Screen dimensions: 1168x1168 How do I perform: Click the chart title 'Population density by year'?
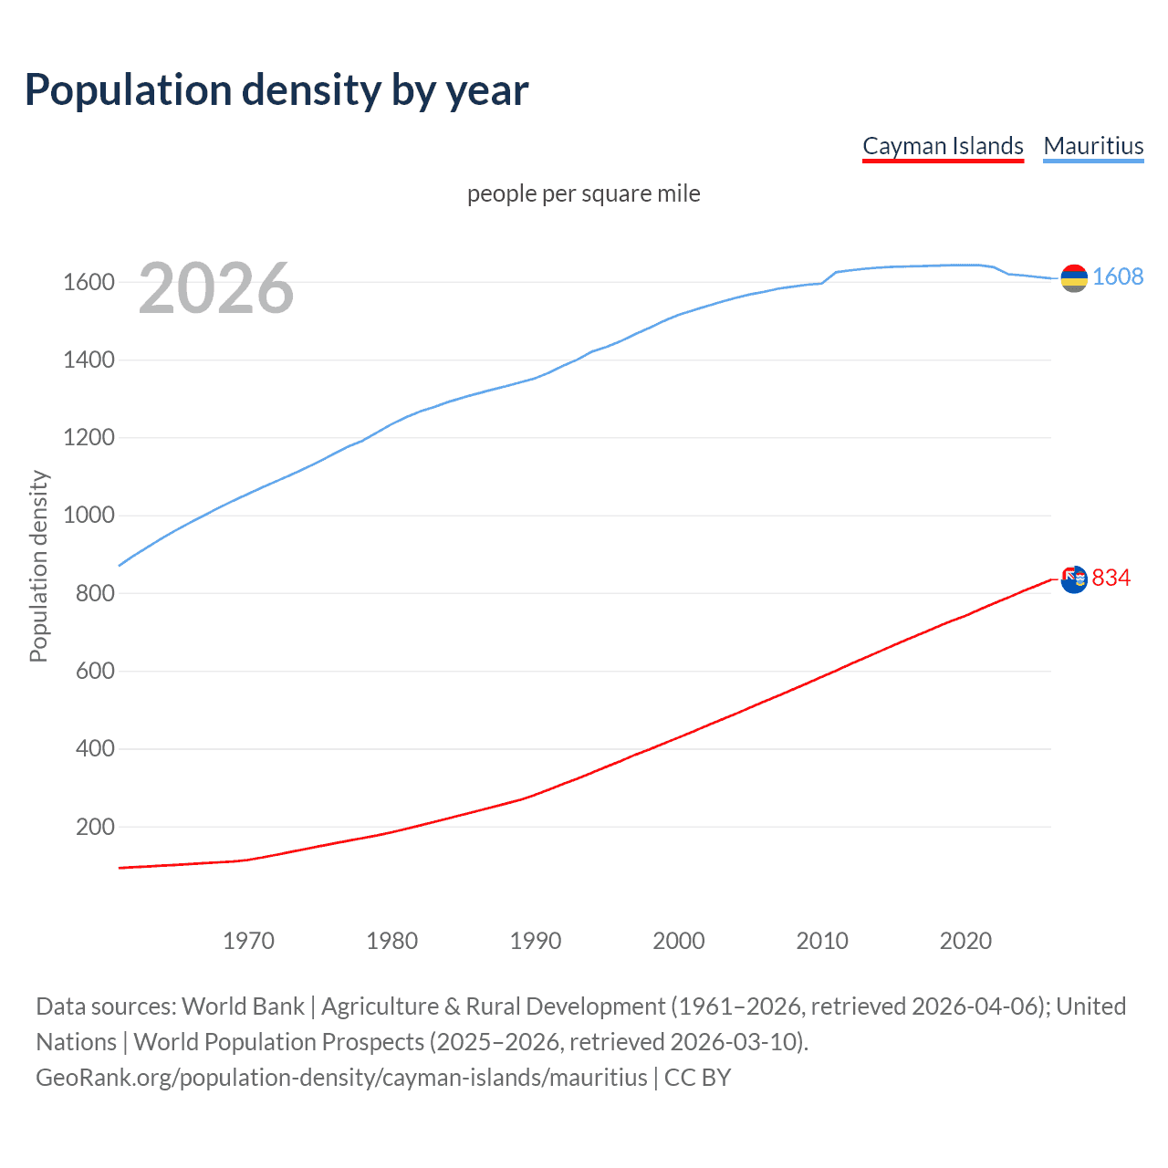coord(276,90)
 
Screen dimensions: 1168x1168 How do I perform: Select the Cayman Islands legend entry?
coord(943,146)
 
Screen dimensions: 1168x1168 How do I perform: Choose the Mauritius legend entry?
coord(1093,146)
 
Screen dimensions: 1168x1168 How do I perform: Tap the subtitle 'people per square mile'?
coord(583,193)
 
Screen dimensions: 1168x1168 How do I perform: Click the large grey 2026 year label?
coord(216,288)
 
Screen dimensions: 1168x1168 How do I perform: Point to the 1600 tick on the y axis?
coord(89,282)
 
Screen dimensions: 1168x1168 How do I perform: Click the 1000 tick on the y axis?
coord(89,516)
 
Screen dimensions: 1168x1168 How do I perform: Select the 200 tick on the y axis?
coord(95,827)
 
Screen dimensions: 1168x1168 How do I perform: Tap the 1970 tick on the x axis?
coord(248,941)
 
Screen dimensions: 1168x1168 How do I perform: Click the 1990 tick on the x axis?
coord(536,941)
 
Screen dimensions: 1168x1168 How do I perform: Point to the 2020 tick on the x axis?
coord(965,941)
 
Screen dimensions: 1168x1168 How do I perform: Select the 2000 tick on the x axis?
coord(679,941)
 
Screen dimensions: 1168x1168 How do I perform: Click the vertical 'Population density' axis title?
coord(38,566)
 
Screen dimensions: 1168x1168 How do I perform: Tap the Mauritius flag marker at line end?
coord(1074,278)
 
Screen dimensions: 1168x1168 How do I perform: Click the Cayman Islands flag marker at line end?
coord(1074,579)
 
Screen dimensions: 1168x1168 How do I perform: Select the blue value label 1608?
coord(1118,276)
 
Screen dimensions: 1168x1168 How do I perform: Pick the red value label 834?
coord(1111,578)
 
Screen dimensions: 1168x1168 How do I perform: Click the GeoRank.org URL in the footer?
coord(341,1078)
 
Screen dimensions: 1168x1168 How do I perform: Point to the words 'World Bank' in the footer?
coord(243,1006)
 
